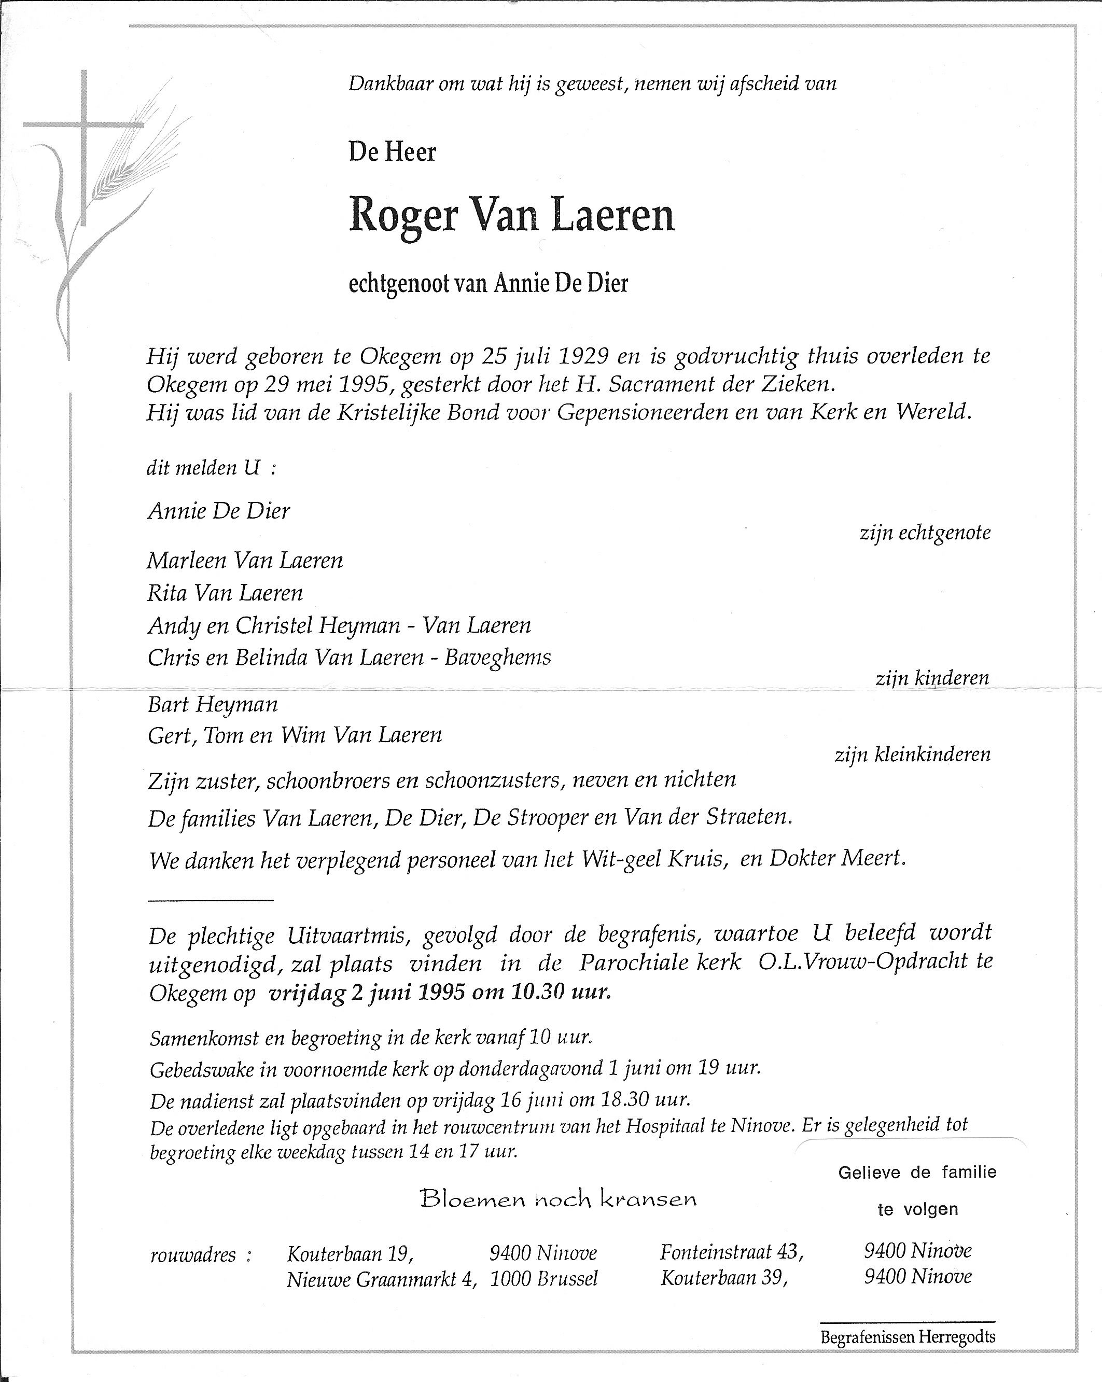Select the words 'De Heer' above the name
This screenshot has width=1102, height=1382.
(x=392, y=152)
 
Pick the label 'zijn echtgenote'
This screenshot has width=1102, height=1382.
(x=925, y=533)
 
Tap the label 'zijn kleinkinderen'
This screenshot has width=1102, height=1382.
(x=912, y=755)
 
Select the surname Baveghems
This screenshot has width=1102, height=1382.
(x=497, y=657)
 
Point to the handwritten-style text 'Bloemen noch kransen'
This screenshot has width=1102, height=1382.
(x=557, y=1198)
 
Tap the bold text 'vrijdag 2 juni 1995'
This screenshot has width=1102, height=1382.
(x=367, y=992)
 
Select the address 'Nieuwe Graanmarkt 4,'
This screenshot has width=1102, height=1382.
(x=382, y=1279)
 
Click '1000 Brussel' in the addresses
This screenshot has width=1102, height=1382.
(x=543, y=1279)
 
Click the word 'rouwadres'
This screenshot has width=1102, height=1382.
(x=193, y=1254)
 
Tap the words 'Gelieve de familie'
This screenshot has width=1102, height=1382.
(x=917, y=1172)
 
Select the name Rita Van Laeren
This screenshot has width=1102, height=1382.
(x=225, y=593)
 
